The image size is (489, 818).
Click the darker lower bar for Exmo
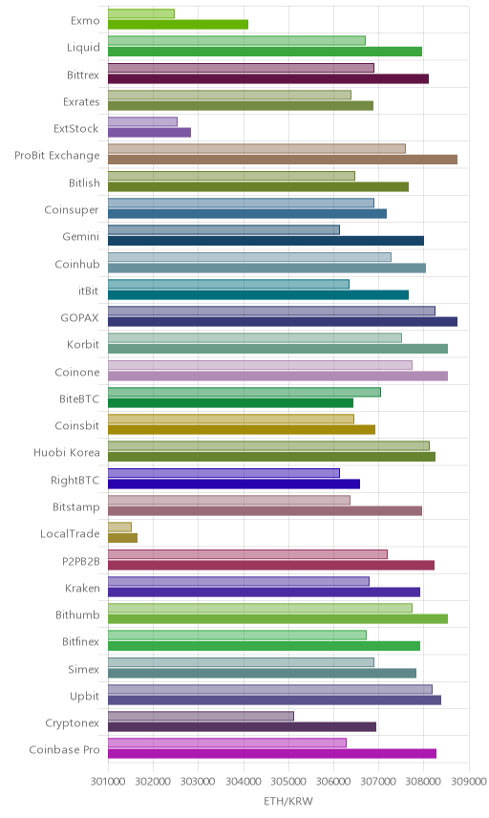[x=178, y=25]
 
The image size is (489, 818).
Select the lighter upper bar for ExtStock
[x=142, y=121]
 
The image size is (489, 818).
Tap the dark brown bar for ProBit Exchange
[x=283, y=160]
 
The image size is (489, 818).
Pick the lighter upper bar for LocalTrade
[x=119, y=527]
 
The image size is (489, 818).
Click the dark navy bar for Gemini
[x=266, y=241]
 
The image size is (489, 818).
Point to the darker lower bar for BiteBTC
[x=230, y=402]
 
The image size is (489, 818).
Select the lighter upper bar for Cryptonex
[x=201, y=717]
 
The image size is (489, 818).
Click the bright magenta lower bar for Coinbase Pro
[x=272, y=754]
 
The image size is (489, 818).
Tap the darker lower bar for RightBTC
[x=234, y=484]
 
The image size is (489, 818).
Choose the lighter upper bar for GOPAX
[x=271, y=311]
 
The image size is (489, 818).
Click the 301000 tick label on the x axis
[x=107, y=782]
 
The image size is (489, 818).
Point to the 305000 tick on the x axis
[x=288, y=782]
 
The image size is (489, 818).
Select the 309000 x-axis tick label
[x=469, y=782]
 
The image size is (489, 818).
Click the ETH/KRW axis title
[x=288, y=802]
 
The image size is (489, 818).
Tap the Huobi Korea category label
[x=67, y=452]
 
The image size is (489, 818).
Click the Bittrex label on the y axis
[x=83, y=75]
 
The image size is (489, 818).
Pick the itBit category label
[x=89, y=291]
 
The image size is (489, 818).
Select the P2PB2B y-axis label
[x=81, y=561]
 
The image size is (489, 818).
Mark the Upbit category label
[x=84, y=696]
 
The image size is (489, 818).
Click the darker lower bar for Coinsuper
[x=247, y=213]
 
